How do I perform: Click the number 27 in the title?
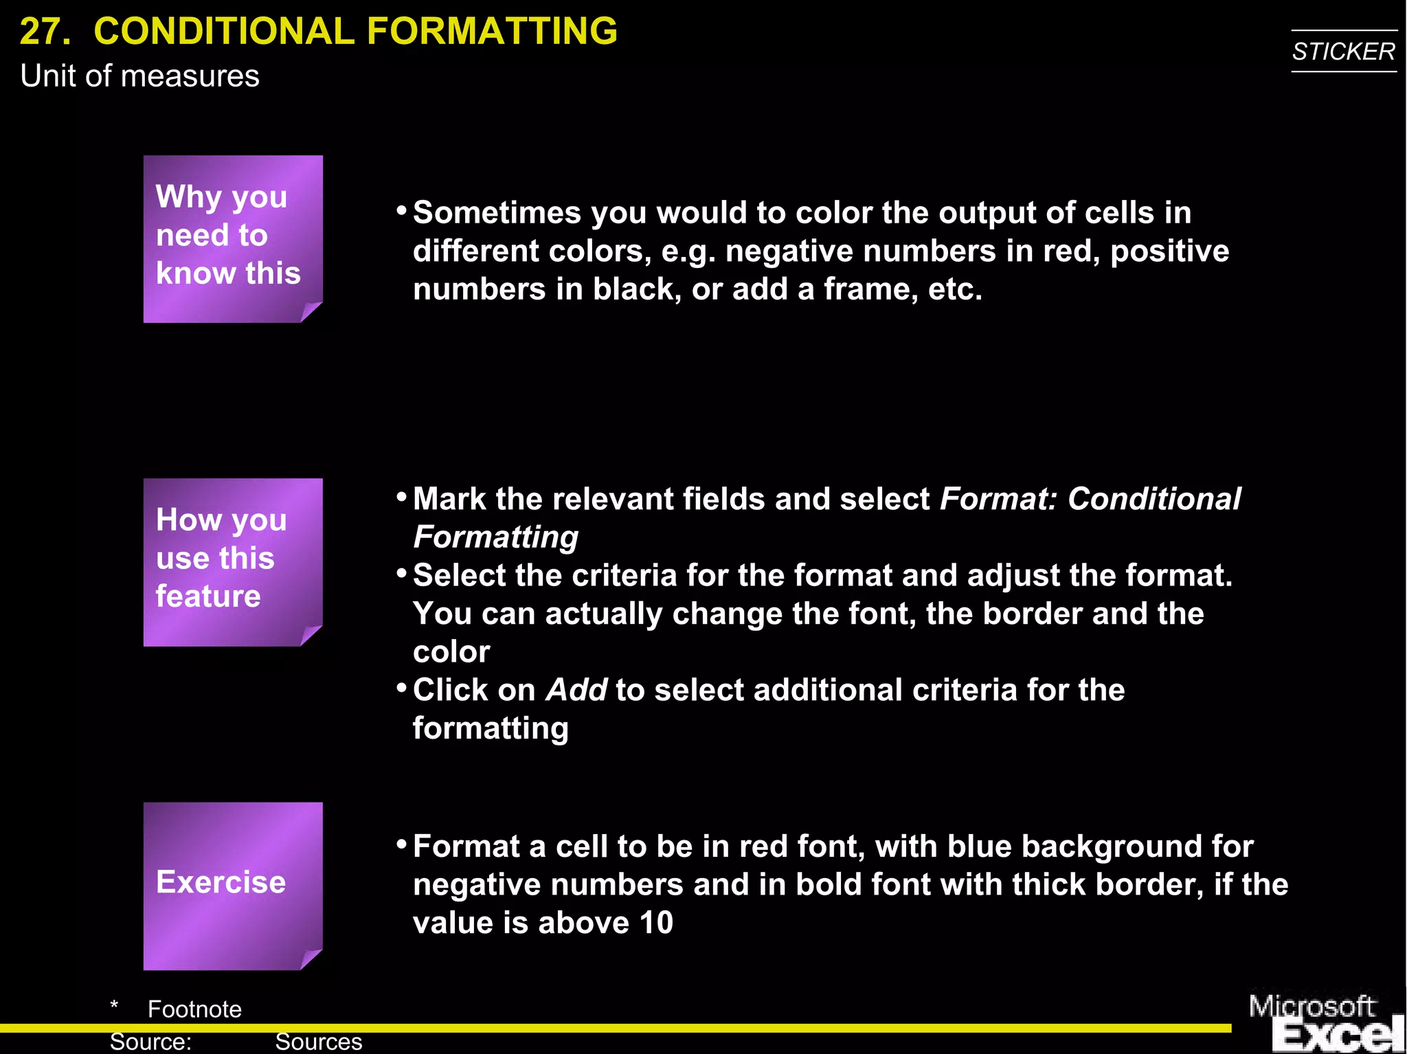(x=44, y=32)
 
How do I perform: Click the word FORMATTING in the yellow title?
(x=492, y=32)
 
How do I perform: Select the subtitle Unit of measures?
(x=139, y=76)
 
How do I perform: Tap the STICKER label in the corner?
(x=1343, y=52)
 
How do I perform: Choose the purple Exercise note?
(x=232, y=885)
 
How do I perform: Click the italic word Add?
(x=576, y=690)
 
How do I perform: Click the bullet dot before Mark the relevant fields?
(x=402, y=497)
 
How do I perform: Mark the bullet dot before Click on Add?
(x=402, y=688)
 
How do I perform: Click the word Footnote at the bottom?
(x=194, y=1009)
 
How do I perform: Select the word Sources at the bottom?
(x=318, y=1042)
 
